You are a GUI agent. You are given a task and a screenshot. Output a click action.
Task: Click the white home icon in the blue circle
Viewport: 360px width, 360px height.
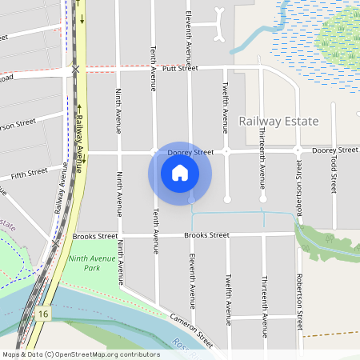(180, 172)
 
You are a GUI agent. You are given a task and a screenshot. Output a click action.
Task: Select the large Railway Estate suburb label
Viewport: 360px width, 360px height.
(278, 122)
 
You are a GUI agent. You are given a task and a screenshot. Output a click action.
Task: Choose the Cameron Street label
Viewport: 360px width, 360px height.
(191, 329)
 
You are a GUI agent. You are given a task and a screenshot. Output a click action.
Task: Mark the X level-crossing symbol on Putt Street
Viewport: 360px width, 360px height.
(75, 70)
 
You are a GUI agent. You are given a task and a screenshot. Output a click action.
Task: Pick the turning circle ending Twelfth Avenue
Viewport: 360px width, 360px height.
(227, 198)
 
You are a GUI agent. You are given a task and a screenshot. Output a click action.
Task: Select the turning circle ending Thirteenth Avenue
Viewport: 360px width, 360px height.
(262, 198)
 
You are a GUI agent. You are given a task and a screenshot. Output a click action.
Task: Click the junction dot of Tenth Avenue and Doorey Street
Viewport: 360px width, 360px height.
(154, 150)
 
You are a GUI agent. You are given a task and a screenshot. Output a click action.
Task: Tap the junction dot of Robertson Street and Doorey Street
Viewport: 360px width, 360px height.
(297, 150)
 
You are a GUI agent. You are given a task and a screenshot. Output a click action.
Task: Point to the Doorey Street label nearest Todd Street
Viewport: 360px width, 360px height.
(334, 150)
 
